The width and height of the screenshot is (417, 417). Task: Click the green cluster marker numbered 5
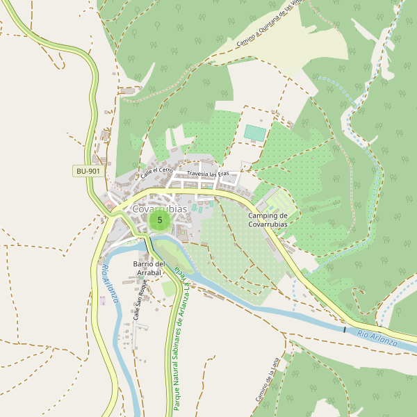(160, 220)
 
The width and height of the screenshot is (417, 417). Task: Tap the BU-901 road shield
(88, 171)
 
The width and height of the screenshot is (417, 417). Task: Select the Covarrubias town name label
(159, 208)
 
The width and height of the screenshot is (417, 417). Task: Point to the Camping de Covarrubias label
(267, 220)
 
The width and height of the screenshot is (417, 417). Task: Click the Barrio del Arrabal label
(149, 268)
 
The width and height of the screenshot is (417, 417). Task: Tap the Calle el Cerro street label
(156, 172)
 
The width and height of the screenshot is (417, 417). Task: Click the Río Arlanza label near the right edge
(377, 340)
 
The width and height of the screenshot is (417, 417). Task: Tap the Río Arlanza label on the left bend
(109, 285)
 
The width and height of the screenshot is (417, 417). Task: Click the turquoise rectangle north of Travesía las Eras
(255, 133)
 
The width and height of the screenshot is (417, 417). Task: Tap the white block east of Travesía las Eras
(248, 165)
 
